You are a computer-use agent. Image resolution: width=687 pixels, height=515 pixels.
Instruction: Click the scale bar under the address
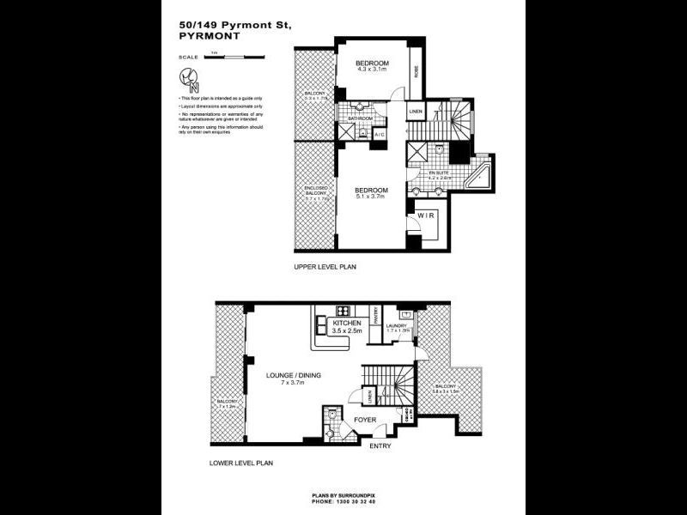(233, 57)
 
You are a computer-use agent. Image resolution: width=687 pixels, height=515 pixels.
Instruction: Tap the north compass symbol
(191, 80)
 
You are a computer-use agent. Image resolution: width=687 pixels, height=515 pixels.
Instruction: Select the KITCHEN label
(335, 323)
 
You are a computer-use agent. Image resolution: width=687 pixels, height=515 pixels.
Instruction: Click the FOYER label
(365, 421)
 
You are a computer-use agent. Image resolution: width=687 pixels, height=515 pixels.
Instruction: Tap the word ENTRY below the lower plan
(379, 446)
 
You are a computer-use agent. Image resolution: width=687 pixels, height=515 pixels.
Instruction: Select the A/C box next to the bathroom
(380, 135)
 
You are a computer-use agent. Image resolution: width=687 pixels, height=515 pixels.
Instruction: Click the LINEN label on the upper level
(416, 112)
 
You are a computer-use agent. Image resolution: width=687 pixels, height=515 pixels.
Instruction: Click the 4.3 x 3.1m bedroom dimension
(373, 70)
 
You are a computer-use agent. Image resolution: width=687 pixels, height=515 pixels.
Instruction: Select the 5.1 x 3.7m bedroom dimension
(371, 196)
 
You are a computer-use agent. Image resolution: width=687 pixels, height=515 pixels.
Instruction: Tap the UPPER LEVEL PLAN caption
(325, 267)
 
